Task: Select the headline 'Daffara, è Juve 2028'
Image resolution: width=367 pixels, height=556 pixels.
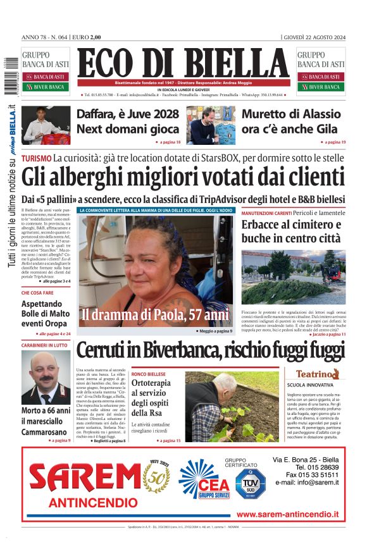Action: (x=128, y=114)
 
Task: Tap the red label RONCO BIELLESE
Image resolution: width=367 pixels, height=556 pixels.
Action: (x=149, y=374)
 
